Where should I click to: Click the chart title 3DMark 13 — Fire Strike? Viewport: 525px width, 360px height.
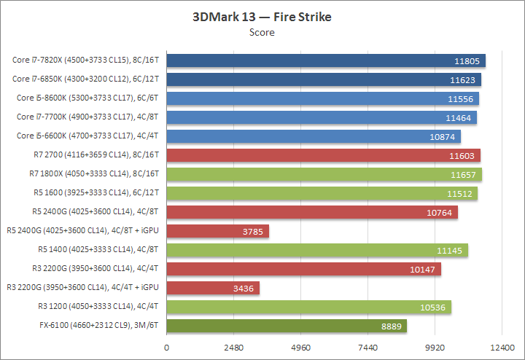(x=262, y=17)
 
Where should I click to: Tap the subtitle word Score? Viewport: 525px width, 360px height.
(x=262, y=32)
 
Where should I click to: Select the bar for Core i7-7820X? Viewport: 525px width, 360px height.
(x=326, y=60)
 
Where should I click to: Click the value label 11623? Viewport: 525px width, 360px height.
(x=464, y=79)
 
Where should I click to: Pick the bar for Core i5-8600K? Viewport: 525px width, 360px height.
(x=322, y=98)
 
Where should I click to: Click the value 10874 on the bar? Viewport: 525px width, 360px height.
(x=443, y=136)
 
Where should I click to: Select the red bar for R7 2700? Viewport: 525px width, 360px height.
(x=323, y=154)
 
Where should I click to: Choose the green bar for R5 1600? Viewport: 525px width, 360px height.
(x=322, y=192)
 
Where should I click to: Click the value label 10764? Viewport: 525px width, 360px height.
(x=440, y=212)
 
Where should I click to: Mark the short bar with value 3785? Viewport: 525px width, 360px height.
(x=218, y=231)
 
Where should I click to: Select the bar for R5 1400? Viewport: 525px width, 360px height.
(x=317, y=250)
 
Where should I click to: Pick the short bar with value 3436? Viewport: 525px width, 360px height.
(x=213, y=288)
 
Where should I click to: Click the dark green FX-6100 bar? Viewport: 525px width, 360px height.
(x=287, y=326)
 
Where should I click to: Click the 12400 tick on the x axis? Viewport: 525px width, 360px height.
(x=502, y=348)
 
